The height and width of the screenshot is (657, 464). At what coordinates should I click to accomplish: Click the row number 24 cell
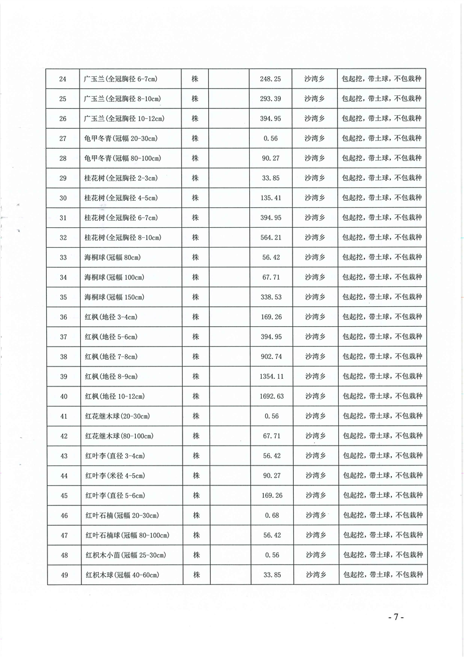[x=64, y=78]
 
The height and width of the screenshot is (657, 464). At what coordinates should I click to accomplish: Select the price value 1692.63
[x=271, y=396]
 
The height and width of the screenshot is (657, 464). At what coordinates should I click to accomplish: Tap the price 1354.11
[x=271, y=377]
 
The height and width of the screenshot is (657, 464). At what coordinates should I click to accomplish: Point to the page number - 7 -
[x=396, y=618]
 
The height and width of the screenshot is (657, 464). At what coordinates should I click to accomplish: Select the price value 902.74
[x=271, y=357]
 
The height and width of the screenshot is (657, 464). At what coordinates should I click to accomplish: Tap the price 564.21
[x=271, y=238]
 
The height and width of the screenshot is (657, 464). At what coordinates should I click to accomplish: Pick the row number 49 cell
[x=64, y=575]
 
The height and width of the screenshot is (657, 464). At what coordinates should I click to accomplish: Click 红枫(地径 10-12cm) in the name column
[x=114, y=396]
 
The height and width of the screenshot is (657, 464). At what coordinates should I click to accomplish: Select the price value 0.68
[x=271, y=515]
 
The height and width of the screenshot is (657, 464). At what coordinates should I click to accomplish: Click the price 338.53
[x=271, y=297]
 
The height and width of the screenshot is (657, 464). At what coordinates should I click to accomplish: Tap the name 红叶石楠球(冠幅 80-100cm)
[x=127, y=535]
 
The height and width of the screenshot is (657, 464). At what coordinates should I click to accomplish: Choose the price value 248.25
[x=271, y=78]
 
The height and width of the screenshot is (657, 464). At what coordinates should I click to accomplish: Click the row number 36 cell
[x=64, y=317]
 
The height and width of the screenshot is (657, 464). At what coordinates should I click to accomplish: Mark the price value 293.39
[x=271, y=98]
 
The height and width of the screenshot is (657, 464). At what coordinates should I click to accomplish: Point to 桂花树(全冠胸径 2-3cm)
[x=121, y=178]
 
